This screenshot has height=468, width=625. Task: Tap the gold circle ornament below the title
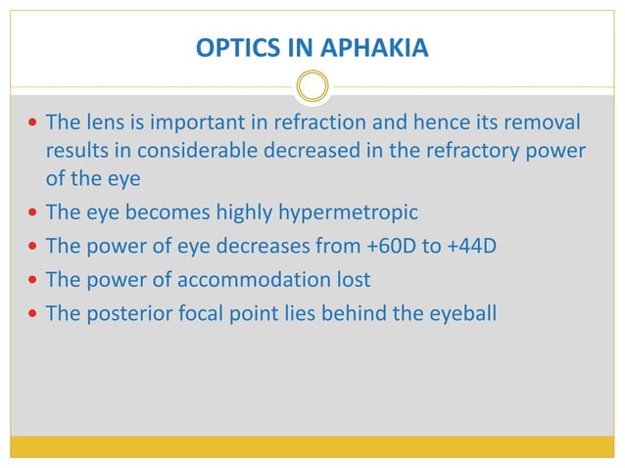coord(312,87)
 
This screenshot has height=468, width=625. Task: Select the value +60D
coord(387,247)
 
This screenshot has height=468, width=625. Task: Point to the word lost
coord(353,279)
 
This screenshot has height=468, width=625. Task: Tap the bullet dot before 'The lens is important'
coord(34,124)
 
